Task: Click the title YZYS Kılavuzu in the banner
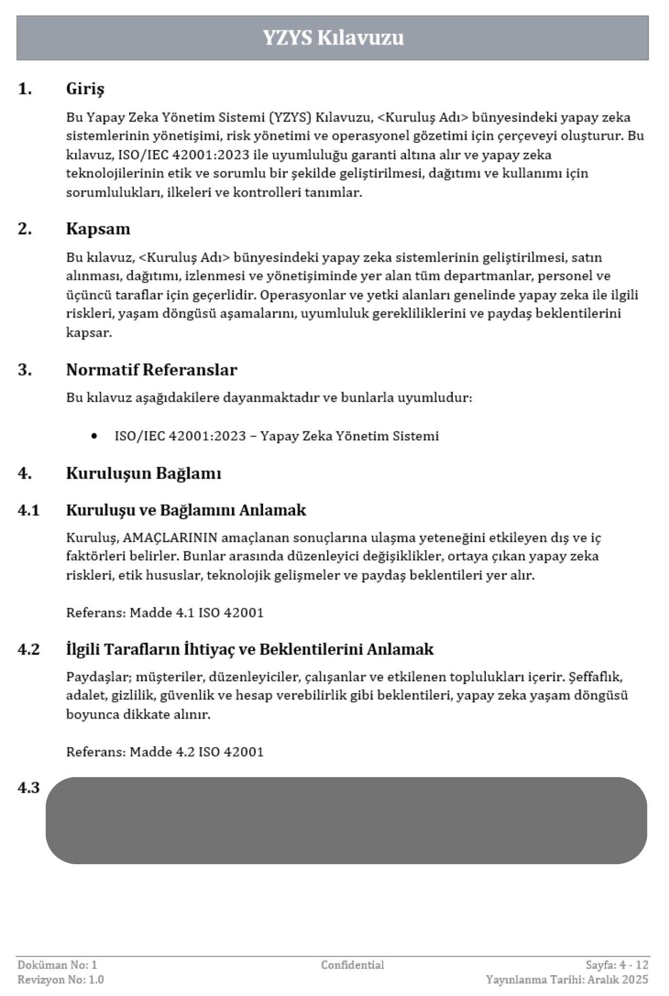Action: (x=333, y=37)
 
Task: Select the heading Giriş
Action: (x=85, y=89)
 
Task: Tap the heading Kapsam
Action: (x=98, y=229)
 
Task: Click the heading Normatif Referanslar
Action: (x=151, y=370)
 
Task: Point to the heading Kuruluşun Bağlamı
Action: (x=144, y=473)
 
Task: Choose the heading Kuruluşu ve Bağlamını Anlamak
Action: (x=186, y=510)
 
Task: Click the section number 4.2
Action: (x=29, y=649)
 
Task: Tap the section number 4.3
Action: (x=29, y=788)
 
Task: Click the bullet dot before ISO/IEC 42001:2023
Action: (x=94, y=436)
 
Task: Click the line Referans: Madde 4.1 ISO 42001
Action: (x=164, y=612)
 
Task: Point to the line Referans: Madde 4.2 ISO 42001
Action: (x=164, y=752)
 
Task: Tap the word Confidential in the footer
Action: (x=352, y=965)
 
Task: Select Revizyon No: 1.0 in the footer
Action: (x=61, y=979)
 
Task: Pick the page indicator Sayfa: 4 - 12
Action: (x=617, y=965)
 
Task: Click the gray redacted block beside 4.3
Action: (x=346, y=820)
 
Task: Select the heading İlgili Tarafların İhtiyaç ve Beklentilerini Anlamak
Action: (x=250, y=649)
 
